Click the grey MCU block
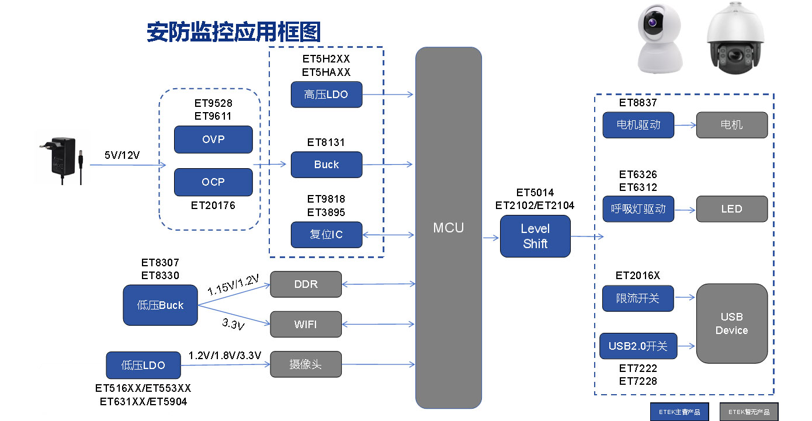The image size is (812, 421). pos(448,228)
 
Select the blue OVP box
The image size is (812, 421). pos(213,140)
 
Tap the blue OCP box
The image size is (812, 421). pos(213,182)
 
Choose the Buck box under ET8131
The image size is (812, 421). pos(327,165)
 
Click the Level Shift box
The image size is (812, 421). pos(535,236)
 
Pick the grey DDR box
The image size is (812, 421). pos(306,284)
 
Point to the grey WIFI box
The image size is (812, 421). pos(306,324)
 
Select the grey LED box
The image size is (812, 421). pos(731,209)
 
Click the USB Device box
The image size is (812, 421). pos(731,323)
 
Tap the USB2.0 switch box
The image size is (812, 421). pos(638,346)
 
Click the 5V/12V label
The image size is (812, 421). pos(122,155)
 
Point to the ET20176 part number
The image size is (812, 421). pos(213,206)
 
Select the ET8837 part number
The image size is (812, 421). pos(638,103)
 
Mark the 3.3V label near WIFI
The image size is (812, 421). pos(233,324)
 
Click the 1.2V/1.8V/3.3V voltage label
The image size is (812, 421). pos(225,355)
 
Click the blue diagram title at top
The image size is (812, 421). pos(234,32)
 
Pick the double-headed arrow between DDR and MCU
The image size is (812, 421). pos(379,284)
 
